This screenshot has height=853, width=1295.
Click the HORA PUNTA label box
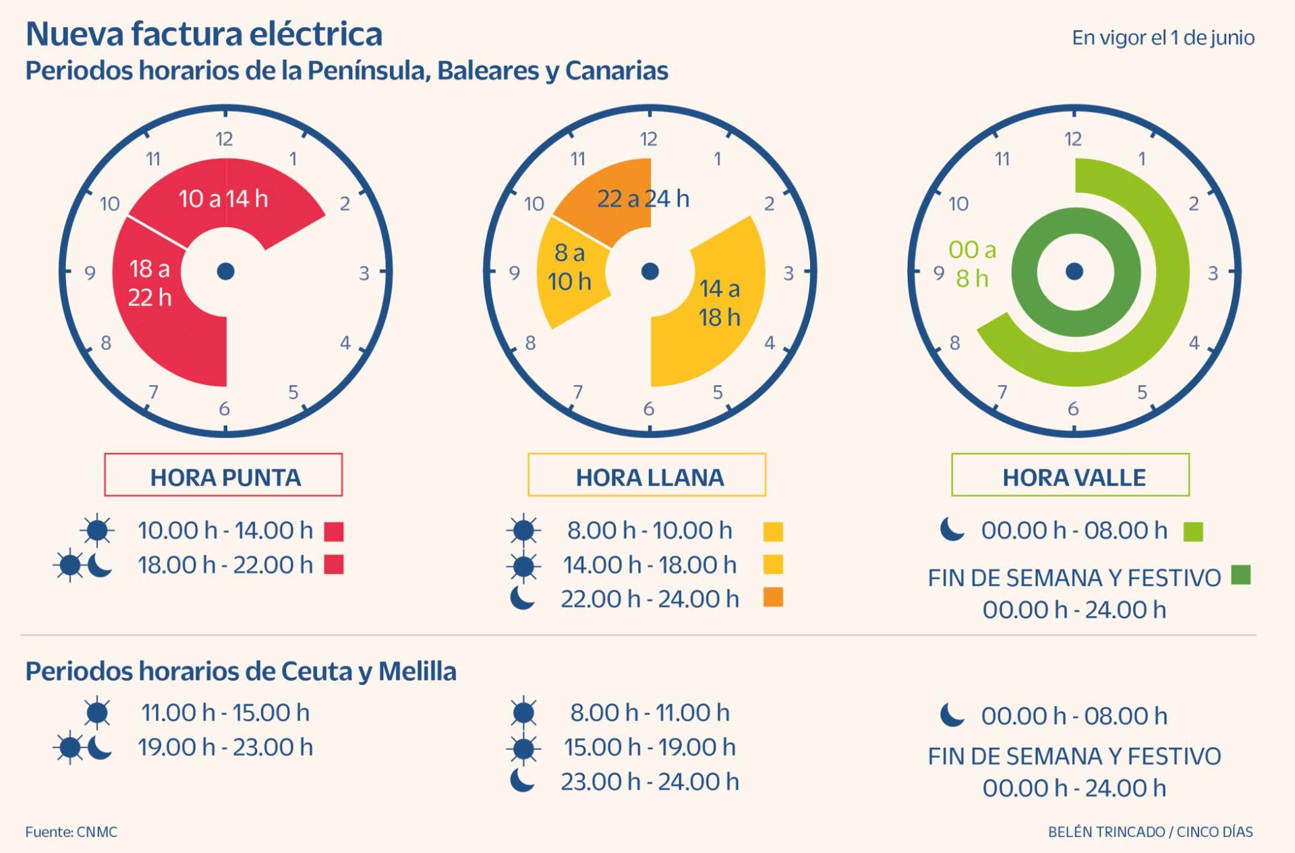tap(223, 475)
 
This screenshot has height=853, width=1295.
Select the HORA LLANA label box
tap(647, 475)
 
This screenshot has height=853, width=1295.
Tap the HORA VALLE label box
tap(1070, 475)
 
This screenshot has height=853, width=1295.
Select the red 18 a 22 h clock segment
tap(155, 297)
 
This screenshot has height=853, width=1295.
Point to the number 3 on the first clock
tap(364, 273)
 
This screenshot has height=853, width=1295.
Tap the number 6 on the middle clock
tap(648, 409)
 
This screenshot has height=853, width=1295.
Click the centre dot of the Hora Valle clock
tap(1074, 272)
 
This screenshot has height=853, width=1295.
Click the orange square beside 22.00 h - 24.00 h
tap(773, 597)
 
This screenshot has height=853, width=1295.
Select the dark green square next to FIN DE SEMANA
tap(1241, 575)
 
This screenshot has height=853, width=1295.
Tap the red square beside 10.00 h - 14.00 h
tap(334, 531)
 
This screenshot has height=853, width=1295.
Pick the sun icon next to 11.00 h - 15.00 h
tap(98, 712)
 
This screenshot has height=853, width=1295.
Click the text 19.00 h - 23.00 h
tap(225, 747)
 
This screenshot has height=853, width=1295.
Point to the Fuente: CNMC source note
tap(71, 832)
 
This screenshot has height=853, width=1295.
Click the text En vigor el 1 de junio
tap(1163, 38)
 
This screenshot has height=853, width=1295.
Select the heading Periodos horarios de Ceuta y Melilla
tap(241, 672)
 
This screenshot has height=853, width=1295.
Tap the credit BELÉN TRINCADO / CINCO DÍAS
tap(1150, 832)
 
